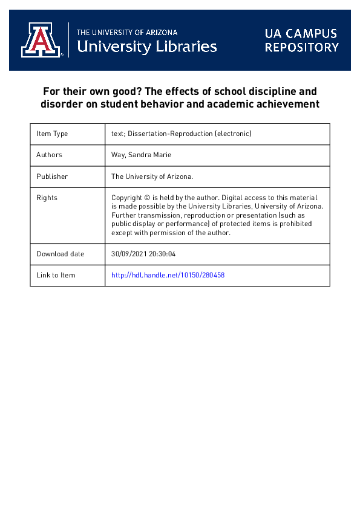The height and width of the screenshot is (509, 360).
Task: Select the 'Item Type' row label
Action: pyautogui.click(x=52, y=134)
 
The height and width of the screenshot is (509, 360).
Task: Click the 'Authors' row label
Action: pyautogui.click(x=49, y=155)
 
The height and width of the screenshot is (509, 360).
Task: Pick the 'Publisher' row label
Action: pyautogui.click(x=52, y=177)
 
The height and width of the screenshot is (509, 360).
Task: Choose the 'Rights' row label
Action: pyautogui.click(x=47, y=198)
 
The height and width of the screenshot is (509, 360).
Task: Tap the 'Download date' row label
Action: pyautogui.click(x=61, y=254)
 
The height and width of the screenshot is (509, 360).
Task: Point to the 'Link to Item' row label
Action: pyautogui.click(x=56, y=275)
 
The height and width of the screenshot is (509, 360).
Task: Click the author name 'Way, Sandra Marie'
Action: pyautogui.click(x=140, y=155)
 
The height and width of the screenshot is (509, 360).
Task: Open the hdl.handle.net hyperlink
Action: pyautogui.click(x=168, y=275)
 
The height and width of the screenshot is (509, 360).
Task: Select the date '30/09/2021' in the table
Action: pyautogui.click(x=130, y=254)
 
